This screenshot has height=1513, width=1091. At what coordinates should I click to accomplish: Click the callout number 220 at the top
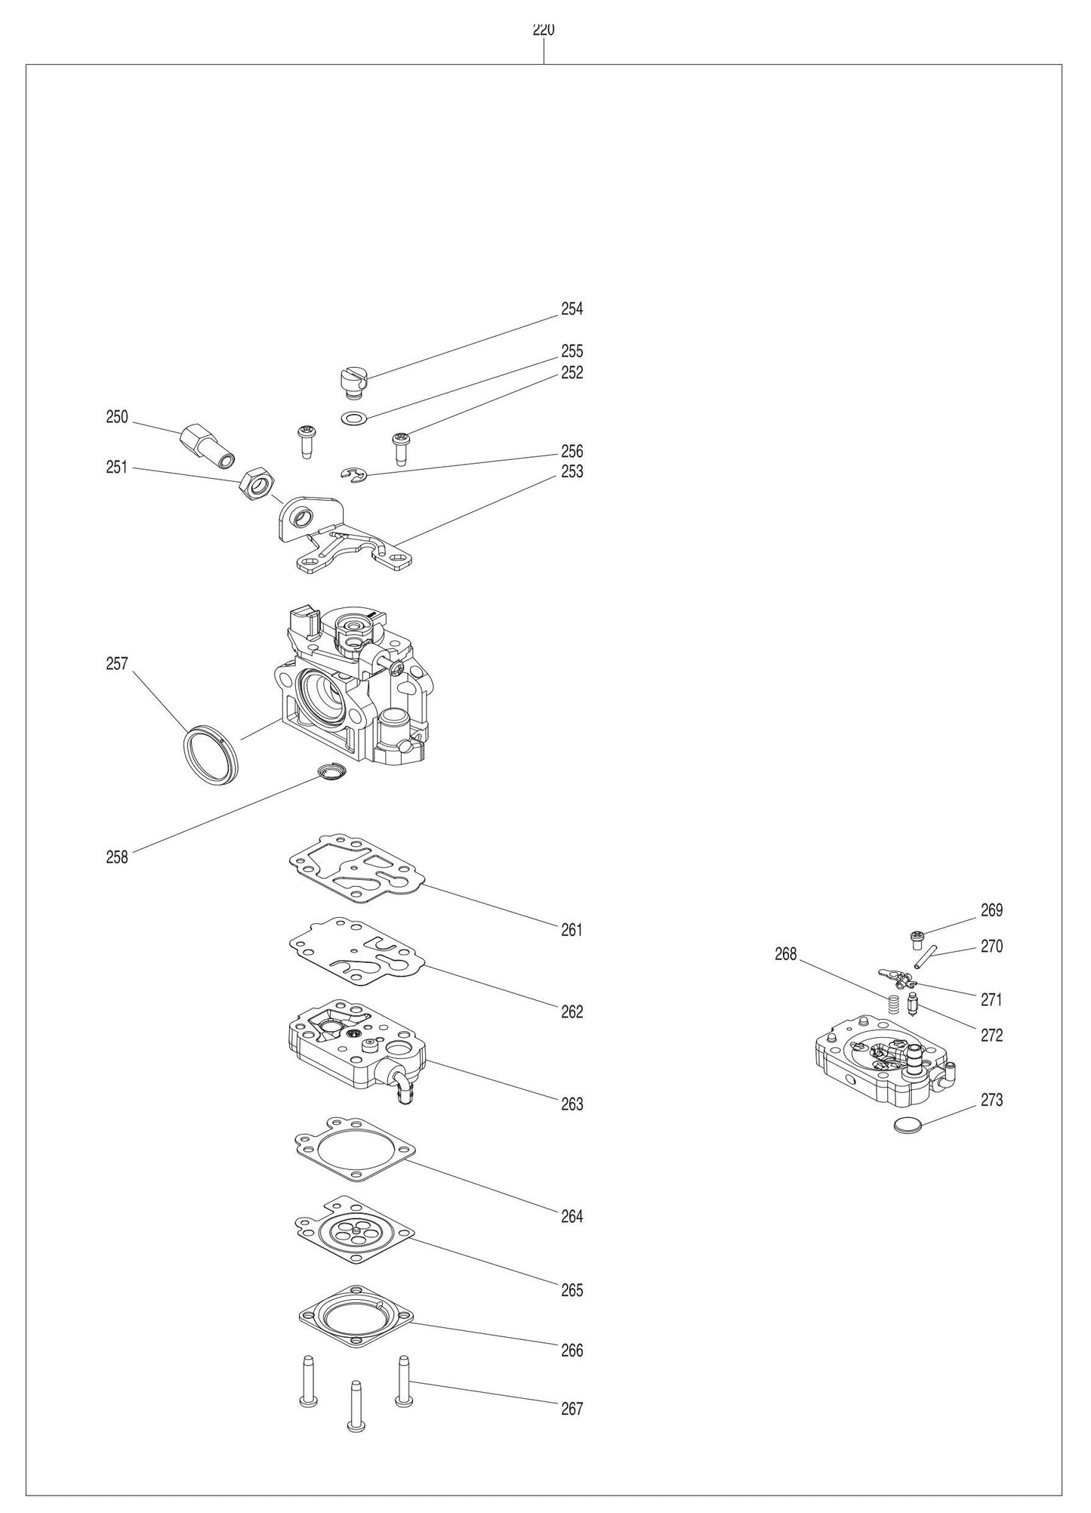click(x=544, y=30)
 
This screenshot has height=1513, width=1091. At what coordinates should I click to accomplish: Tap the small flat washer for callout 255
click(x=352, y=417)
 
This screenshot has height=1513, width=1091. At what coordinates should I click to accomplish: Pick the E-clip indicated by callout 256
click(x=351, y=474)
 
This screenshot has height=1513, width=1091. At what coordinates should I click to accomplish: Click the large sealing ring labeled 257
click(x=211, y=755)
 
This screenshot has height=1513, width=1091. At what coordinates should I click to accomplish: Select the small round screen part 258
click(x=329, y=772)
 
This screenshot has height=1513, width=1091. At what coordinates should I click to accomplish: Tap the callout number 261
click(x=572, y=930)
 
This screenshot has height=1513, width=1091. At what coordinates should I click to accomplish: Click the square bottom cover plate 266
click(x=355, y=1317)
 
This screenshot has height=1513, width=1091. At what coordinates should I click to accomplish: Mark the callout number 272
click(x=991, y=1035)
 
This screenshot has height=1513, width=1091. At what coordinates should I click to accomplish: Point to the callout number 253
click(x=572, y=471)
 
